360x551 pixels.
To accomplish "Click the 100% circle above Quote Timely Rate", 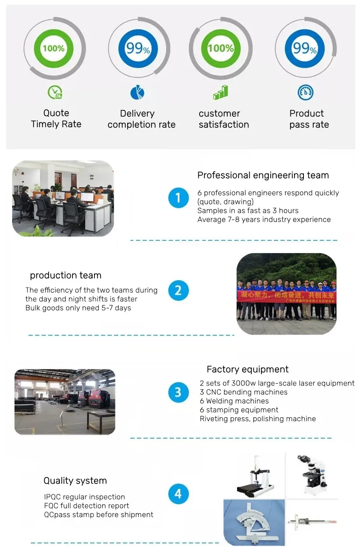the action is point(54,48).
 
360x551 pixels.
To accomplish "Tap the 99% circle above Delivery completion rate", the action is point(137,48).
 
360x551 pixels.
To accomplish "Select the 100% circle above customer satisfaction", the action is point(221,48).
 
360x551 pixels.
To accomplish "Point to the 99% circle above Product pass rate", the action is point(304,48).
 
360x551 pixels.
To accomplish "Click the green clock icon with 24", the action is point(55,93).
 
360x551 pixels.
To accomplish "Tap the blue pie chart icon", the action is point(137,93).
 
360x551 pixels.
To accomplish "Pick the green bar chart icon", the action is point(220,92).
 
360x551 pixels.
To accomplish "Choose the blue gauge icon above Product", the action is point(305,92).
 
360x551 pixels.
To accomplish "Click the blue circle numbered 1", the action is point(178,198).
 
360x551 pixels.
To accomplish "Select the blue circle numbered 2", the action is point(178,290).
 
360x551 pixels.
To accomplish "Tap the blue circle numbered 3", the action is point(178,392).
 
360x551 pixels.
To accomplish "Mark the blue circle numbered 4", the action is point(178,494).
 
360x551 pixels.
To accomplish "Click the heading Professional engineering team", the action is point(263,175).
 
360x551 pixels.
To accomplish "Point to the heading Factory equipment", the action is point(247,370).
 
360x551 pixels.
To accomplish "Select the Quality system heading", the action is point(75,481).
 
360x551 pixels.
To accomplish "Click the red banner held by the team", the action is point(286,295).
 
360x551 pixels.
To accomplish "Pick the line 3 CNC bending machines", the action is point(244,392).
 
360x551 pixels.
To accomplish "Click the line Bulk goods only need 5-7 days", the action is point(78,308).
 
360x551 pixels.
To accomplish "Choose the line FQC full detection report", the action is point(86,506).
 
